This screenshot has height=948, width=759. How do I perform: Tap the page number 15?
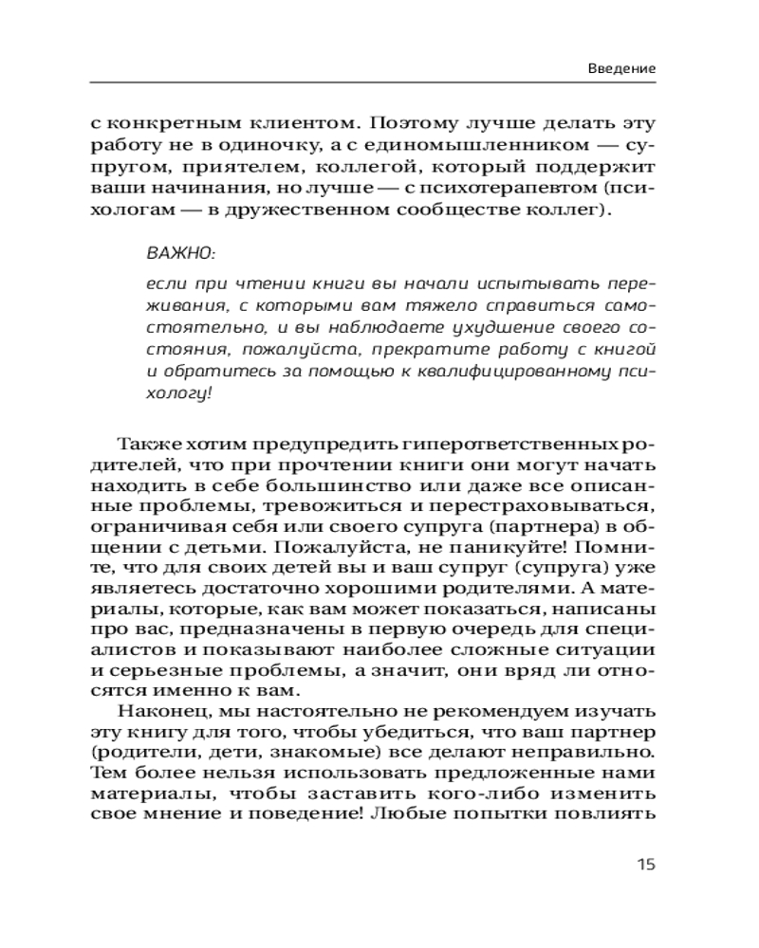click(645, 864)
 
